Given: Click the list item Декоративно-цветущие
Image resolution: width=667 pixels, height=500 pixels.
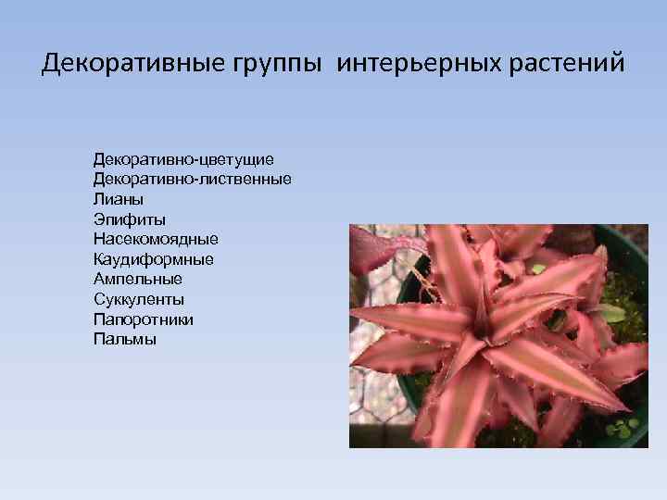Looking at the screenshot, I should coord(183,160).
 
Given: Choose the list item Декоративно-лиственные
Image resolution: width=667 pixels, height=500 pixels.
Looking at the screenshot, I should coord(192,178).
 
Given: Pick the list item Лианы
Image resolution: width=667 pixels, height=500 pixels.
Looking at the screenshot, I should coord(119,198).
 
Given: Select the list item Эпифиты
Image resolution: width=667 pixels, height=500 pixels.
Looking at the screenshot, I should coord(130,219).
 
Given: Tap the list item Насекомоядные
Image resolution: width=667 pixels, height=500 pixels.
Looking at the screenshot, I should coord(156,239).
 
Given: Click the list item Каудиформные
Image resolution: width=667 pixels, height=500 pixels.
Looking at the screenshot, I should coord(153,259).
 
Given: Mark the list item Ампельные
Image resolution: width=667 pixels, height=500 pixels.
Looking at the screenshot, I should coord(138,279).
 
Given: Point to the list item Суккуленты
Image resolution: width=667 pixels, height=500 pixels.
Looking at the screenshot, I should coord(139,299).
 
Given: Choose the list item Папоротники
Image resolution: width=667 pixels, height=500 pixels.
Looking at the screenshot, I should coord(144,319).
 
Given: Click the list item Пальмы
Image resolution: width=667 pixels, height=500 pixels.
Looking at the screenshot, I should coord(125,340).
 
